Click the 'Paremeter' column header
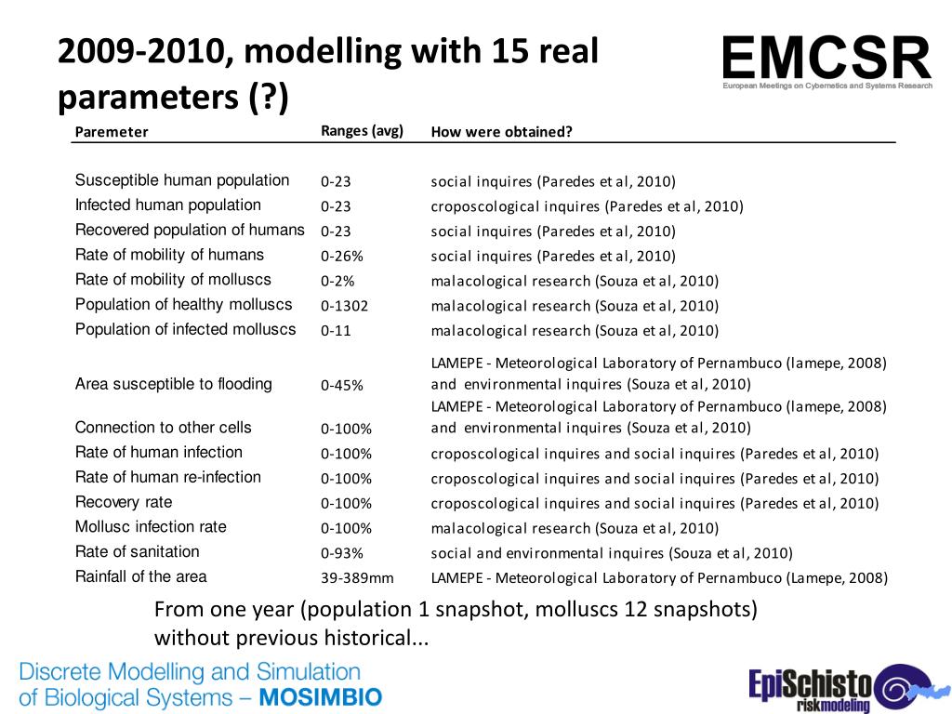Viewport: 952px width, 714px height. point(112,132)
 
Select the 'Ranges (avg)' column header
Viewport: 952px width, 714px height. point(362,131)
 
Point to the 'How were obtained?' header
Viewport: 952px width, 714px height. point(501,132)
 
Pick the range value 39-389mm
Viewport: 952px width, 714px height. point(357,578)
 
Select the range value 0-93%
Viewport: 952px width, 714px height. point(340,553)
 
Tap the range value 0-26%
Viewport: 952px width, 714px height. point(340,256)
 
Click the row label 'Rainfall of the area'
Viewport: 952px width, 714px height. point(141,576)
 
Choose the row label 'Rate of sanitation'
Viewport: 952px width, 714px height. point(138,551)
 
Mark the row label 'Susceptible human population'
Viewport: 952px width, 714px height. point(182,180)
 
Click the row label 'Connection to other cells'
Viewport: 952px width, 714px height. point(164,428)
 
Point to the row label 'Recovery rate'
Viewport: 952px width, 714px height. point(124,502)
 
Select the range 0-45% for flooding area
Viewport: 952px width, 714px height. point(341,385)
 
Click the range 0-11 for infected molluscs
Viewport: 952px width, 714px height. point(336,331)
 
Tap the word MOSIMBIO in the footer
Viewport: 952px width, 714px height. point(321,696)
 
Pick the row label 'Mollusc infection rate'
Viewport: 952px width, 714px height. point(151,527)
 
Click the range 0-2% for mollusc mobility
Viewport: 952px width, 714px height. point(337,281)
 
